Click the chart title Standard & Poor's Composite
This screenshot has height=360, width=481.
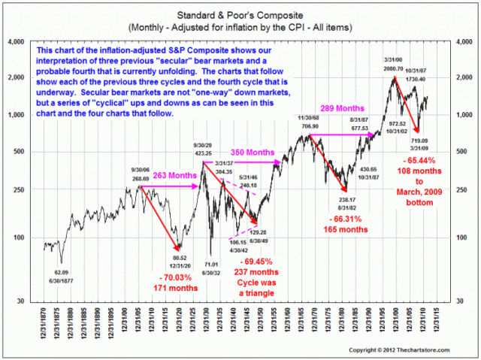pyautogui.click(x=240, y=14)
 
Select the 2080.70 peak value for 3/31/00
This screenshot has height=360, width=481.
pyautogui.click(x=392, y=68)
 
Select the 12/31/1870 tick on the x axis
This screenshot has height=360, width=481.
pyautogui.click(x=38, y=324)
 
